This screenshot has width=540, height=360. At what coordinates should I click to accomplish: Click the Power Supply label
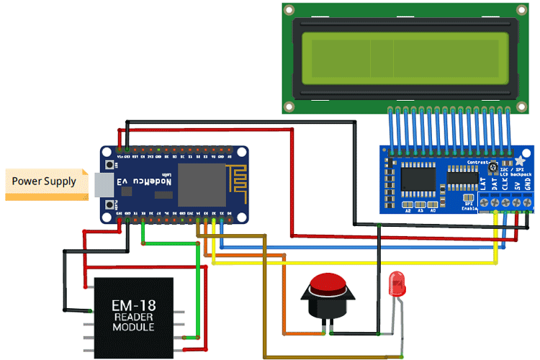coord(44,181)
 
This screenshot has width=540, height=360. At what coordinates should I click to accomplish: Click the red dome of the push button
coord(329,283)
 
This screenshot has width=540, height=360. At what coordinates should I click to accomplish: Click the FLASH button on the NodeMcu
coord(109,207)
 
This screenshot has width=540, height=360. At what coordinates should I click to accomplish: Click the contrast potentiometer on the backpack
coord(495,169)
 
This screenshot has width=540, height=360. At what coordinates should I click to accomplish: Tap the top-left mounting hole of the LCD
coord(289,10)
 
